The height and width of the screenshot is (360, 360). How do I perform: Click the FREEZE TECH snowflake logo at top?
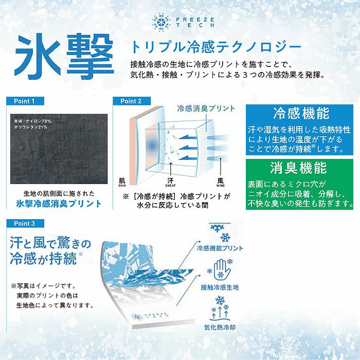click(x=161, y=22)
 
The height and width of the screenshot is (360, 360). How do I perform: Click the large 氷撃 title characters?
click(x=64, y=56)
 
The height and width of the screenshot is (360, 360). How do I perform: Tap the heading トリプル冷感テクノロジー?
click(x=215, y=47)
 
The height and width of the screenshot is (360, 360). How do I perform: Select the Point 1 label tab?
click(x=25, y=101)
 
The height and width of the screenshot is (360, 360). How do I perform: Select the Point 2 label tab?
click(x=132, y=101)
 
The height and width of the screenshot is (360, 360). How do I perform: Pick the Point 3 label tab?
click(x=25, y=223)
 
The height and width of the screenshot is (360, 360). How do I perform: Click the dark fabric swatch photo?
click(x=59, y=149)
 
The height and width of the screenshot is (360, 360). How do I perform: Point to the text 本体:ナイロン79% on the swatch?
click(x=32, y=121)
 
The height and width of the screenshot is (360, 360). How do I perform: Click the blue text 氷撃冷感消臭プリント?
click(x=59, y=204)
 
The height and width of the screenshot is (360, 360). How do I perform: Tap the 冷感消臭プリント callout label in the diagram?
click(x=206, y=109)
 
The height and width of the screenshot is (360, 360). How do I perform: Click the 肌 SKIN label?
click(x=122, y=182)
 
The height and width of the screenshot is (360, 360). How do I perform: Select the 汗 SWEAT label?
click(x=170, y=182)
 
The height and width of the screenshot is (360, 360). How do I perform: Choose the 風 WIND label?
click(x=220, y=182)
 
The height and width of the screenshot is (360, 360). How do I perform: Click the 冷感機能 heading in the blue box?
click(x=301, y=113)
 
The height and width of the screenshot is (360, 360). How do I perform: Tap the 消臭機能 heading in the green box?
click(x=298, y=168)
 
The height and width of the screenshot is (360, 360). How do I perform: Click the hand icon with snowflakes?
click(x=220, y=268)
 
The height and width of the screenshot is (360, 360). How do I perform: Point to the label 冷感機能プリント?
click(x=220, y=248)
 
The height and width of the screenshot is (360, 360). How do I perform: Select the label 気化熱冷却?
click(x=220, y=327)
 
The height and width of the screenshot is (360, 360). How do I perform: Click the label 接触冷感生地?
click(x=220, y=287)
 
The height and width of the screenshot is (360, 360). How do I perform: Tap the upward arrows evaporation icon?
click(x=220, y=309)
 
